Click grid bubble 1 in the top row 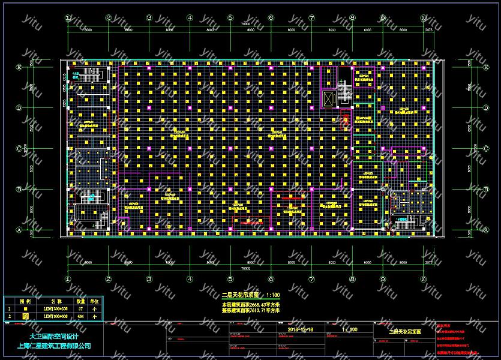click(x=68, y=18)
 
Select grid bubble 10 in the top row click(x=423, y=18)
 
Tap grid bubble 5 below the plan click(x=230, y=279)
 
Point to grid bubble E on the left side click(x=19, y=67)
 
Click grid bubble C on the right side click(x=485, y=148)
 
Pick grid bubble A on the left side click(x=19, y=230)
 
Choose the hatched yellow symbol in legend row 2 click(x=26, y=316)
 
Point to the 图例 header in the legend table click(x=26, y=301)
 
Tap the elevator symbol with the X click(x=329, y=100)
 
